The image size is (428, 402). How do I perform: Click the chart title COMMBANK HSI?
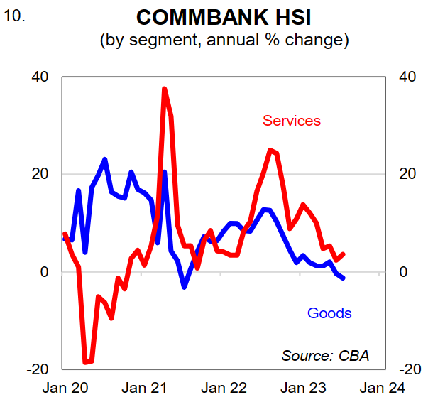[224, 17]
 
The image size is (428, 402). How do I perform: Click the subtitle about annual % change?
[224, 40]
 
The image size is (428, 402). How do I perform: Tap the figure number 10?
[15, 15]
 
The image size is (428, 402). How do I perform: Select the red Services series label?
[292, 120]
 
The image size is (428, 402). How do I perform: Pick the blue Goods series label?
[329, 313]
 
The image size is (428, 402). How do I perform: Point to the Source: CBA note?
[326, 354]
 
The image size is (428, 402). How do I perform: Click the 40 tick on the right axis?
[405, 77]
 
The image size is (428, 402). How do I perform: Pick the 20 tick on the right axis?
[405, 175]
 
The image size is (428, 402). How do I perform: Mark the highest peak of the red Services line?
[164, 89]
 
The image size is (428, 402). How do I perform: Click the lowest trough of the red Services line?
[86, 362]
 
